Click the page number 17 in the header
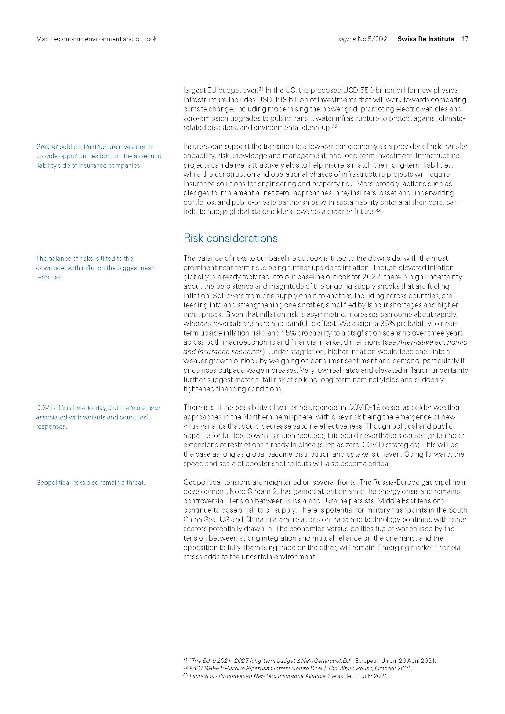465,39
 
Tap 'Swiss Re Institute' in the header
426,39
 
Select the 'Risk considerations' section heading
231,238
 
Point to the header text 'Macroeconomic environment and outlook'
96,39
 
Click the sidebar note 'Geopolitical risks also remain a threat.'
90,483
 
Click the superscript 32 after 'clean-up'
335,127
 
